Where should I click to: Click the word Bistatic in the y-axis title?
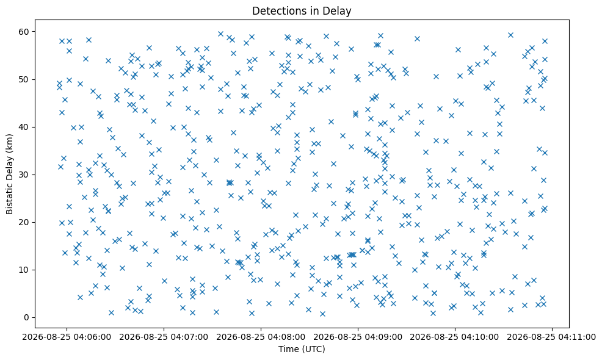[10, 194]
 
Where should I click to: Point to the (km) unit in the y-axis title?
[10, 144]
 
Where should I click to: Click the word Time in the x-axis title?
[288, 349]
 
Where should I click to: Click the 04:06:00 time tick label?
[67, 337]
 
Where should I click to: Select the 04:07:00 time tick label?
[164, 337]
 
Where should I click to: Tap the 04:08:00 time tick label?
[261, 337]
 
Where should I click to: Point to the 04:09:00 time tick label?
[358, 337]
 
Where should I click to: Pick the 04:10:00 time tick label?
[455, 337]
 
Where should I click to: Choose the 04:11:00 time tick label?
[552, 337]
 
